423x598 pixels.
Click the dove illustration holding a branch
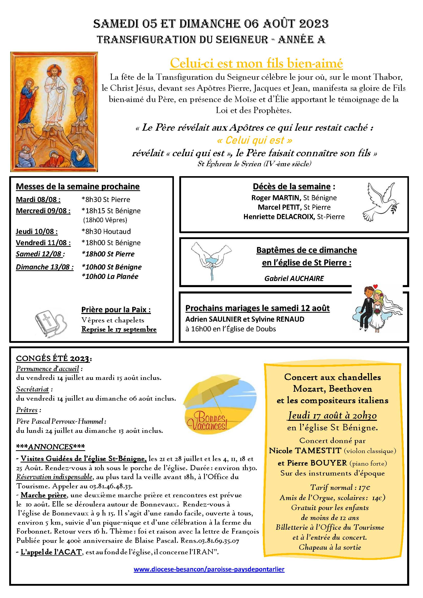pos(381,202)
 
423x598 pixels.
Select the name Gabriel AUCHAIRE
pos(294,278)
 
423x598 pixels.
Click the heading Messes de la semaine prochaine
pos(78,186)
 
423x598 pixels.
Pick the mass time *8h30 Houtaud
pos(106,231)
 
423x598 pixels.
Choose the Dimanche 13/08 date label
pos(44,267)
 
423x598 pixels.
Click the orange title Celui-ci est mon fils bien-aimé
pos(256,63)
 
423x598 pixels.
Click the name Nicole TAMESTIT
pos(305,450)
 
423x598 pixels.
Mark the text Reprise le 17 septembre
pos(119,329)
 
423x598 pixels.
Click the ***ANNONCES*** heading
pos(50,447)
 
